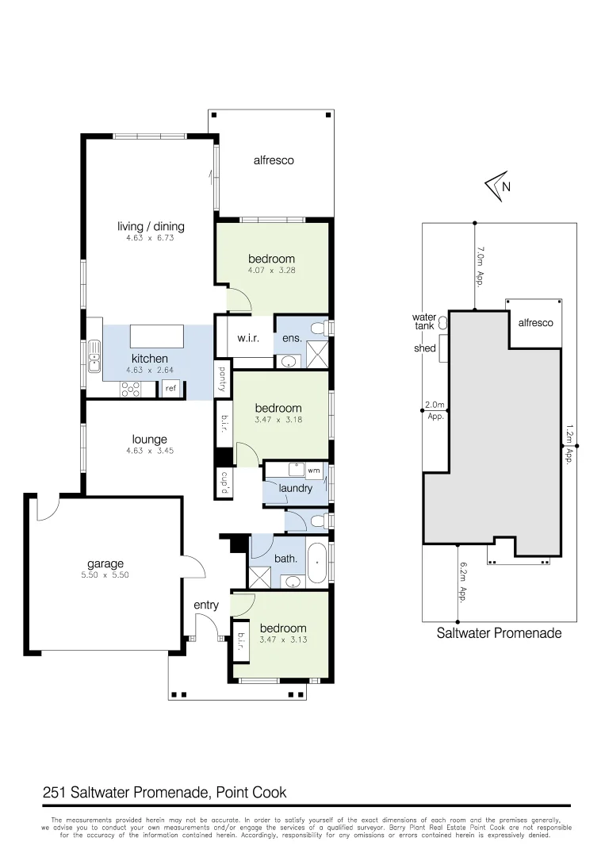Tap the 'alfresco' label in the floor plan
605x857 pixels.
pyautogui.click(x=274, y=160)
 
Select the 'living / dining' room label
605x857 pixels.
pyautogui.click(x=151, y=227)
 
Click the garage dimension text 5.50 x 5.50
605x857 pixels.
pyautogui.click(x=105, y=575)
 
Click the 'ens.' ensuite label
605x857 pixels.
pyautogui.click(x=292, y=339)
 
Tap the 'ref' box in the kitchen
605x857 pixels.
pyautogui.click(x=170, y=389)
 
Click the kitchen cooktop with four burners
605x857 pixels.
pyautogui.click(x=129, y=389)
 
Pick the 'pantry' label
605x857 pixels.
pyautogui.click(x=223, y=379)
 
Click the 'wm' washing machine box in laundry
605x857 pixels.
pyautogui.click(x=313, y=471)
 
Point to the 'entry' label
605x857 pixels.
pyautogui.click(x=206, y=605)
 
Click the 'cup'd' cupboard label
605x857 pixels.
pyautogui.click(x=224, y=483)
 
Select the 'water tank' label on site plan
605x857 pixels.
pyautogui.click(x=424, y=321)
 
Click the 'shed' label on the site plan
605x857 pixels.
pyautogui.click(x=424, y=348)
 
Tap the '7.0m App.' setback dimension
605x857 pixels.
pyautogui.click(x=480, y=266)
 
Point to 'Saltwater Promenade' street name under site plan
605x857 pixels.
pyautogui.click(x=499, y=633)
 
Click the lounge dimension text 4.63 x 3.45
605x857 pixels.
pyautogui.click(x=150, y=451)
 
